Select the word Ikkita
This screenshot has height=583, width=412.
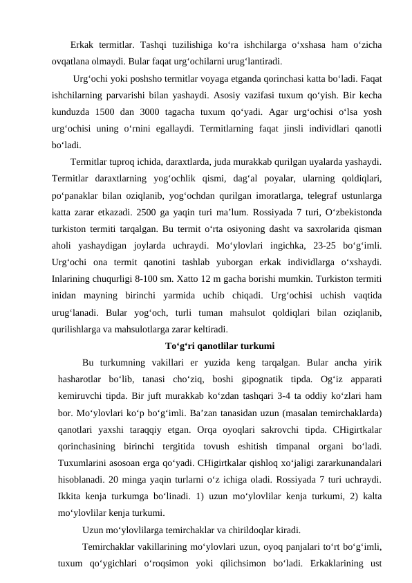pos(73,496)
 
